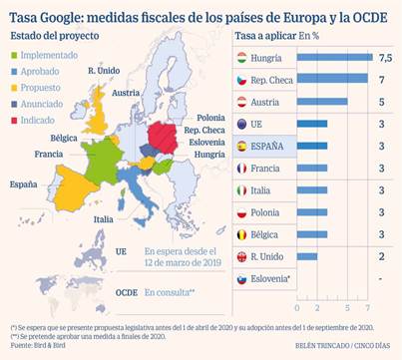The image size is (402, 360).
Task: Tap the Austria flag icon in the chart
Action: pyautogui.click(x=240, y=101)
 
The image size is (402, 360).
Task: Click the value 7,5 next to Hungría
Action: pyautogui.click(x=384, y=59)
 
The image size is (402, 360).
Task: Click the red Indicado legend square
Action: pyautogui.click(x=13, y=120)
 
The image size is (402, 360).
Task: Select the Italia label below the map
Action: pyautogui.click(x=104, y=218)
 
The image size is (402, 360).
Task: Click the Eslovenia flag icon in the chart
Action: pyautogui.click(x=240, y=279)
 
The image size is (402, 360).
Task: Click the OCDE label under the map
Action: pyautogui.click(x=125, y=292)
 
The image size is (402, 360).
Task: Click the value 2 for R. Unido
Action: pyautogui.click(x=384, y=256)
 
